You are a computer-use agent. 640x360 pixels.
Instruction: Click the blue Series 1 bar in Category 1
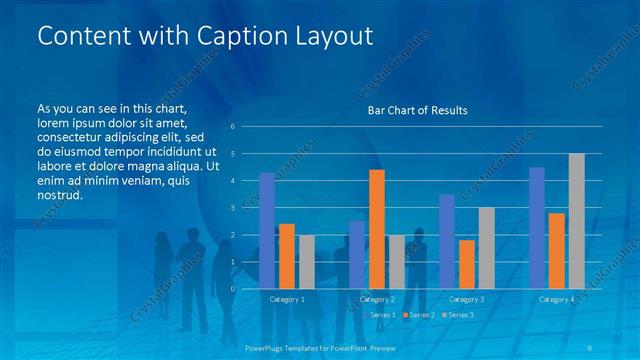pyautogui.click(x=267, y=231)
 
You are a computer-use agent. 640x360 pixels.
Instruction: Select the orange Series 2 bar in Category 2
pyautogui.click(x=377, y=229)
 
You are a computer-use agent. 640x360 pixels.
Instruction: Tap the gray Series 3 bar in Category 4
pyautogui.click(x=577, y=221)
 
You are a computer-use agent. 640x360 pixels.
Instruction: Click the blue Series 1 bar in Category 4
pyautogui.click(x=537, y=228)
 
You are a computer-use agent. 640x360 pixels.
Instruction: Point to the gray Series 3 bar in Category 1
pyautogui.click(x=306, y=262)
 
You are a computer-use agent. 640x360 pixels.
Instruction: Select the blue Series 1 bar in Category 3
pyautogui.click(x=447, y=241)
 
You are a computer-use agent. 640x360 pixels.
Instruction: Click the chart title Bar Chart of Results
pyautogui.click(x=411, y=109)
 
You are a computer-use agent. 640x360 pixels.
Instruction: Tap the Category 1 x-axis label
pyautogui.click(x=287, y=299)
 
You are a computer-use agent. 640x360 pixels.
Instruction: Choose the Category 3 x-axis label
pyautogui.click(x=467, y=299)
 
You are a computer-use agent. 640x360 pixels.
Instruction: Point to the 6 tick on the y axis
pyautogui.click(x=232, y=126)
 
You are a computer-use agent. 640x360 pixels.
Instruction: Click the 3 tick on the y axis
pyautogui.click(x=232, y=207)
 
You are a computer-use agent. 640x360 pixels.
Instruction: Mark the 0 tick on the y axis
pyautogui.click(x=232, y=288)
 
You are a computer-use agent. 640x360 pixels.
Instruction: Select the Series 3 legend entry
pyautogui.click(x=459, y=315)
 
